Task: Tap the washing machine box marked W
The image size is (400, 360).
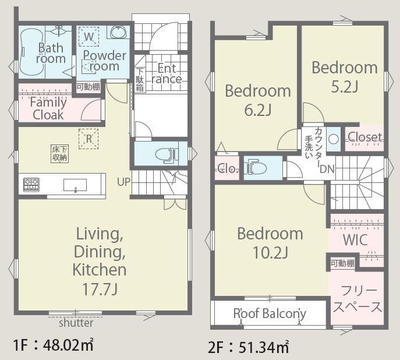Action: tap(89, 37)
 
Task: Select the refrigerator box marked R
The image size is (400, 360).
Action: tap(89, 139)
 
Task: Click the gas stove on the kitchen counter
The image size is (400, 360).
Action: tap(31, 185)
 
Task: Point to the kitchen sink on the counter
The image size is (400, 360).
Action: tap(75, 185)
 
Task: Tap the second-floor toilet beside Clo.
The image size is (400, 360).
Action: tap(255, 168)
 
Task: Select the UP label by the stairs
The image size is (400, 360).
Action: tap(123, 182)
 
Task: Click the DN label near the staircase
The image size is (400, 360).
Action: tap(327, 169)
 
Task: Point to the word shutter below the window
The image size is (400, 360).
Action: tap(76, 323)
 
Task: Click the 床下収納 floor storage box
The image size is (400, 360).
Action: tap(60, 154)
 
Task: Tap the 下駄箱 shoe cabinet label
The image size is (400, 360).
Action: tap(140, 79)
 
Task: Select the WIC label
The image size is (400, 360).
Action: tap(355, 240)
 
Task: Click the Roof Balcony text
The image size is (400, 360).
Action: tap(270, 313)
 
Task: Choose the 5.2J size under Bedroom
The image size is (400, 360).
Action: tap(345, 86)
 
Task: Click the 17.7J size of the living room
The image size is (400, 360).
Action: tap(100, 289)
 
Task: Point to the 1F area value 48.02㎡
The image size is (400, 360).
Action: tap(68, 345)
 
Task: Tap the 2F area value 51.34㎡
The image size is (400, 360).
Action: tap(264, 347)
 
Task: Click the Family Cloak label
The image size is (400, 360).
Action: tap(48, 108)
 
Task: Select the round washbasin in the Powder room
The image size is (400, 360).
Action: tap(118, 32)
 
